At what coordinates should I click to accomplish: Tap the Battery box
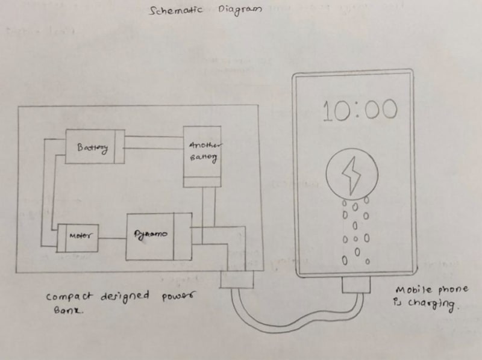pos(94,146)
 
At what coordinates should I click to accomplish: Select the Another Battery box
pos(202,156)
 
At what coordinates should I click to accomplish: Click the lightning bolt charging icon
pos(351,175)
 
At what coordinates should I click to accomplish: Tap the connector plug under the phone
pos(355,284)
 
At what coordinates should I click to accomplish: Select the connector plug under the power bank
pos(237,280)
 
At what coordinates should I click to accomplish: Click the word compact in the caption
pos(67,296)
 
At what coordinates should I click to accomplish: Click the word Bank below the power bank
pos(58,312)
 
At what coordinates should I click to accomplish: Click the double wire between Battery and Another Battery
pos(154,143)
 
